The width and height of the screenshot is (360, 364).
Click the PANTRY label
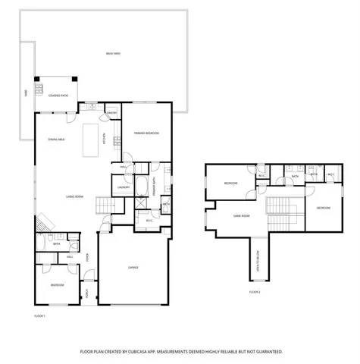click(111, 114)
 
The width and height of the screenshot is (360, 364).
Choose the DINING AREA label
click(56, 140)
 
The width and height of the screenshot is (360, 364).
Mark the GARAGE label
click(133, 268)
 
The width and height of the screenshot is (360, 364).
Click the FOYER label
click(88, 256)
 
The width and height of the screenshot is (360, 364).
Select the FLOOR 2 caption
click(255, 291)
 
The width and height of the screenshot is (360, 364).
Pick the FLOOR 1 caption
click(40, 315)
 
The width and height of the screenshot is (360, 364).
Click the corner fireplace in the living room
click(46, 220)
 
